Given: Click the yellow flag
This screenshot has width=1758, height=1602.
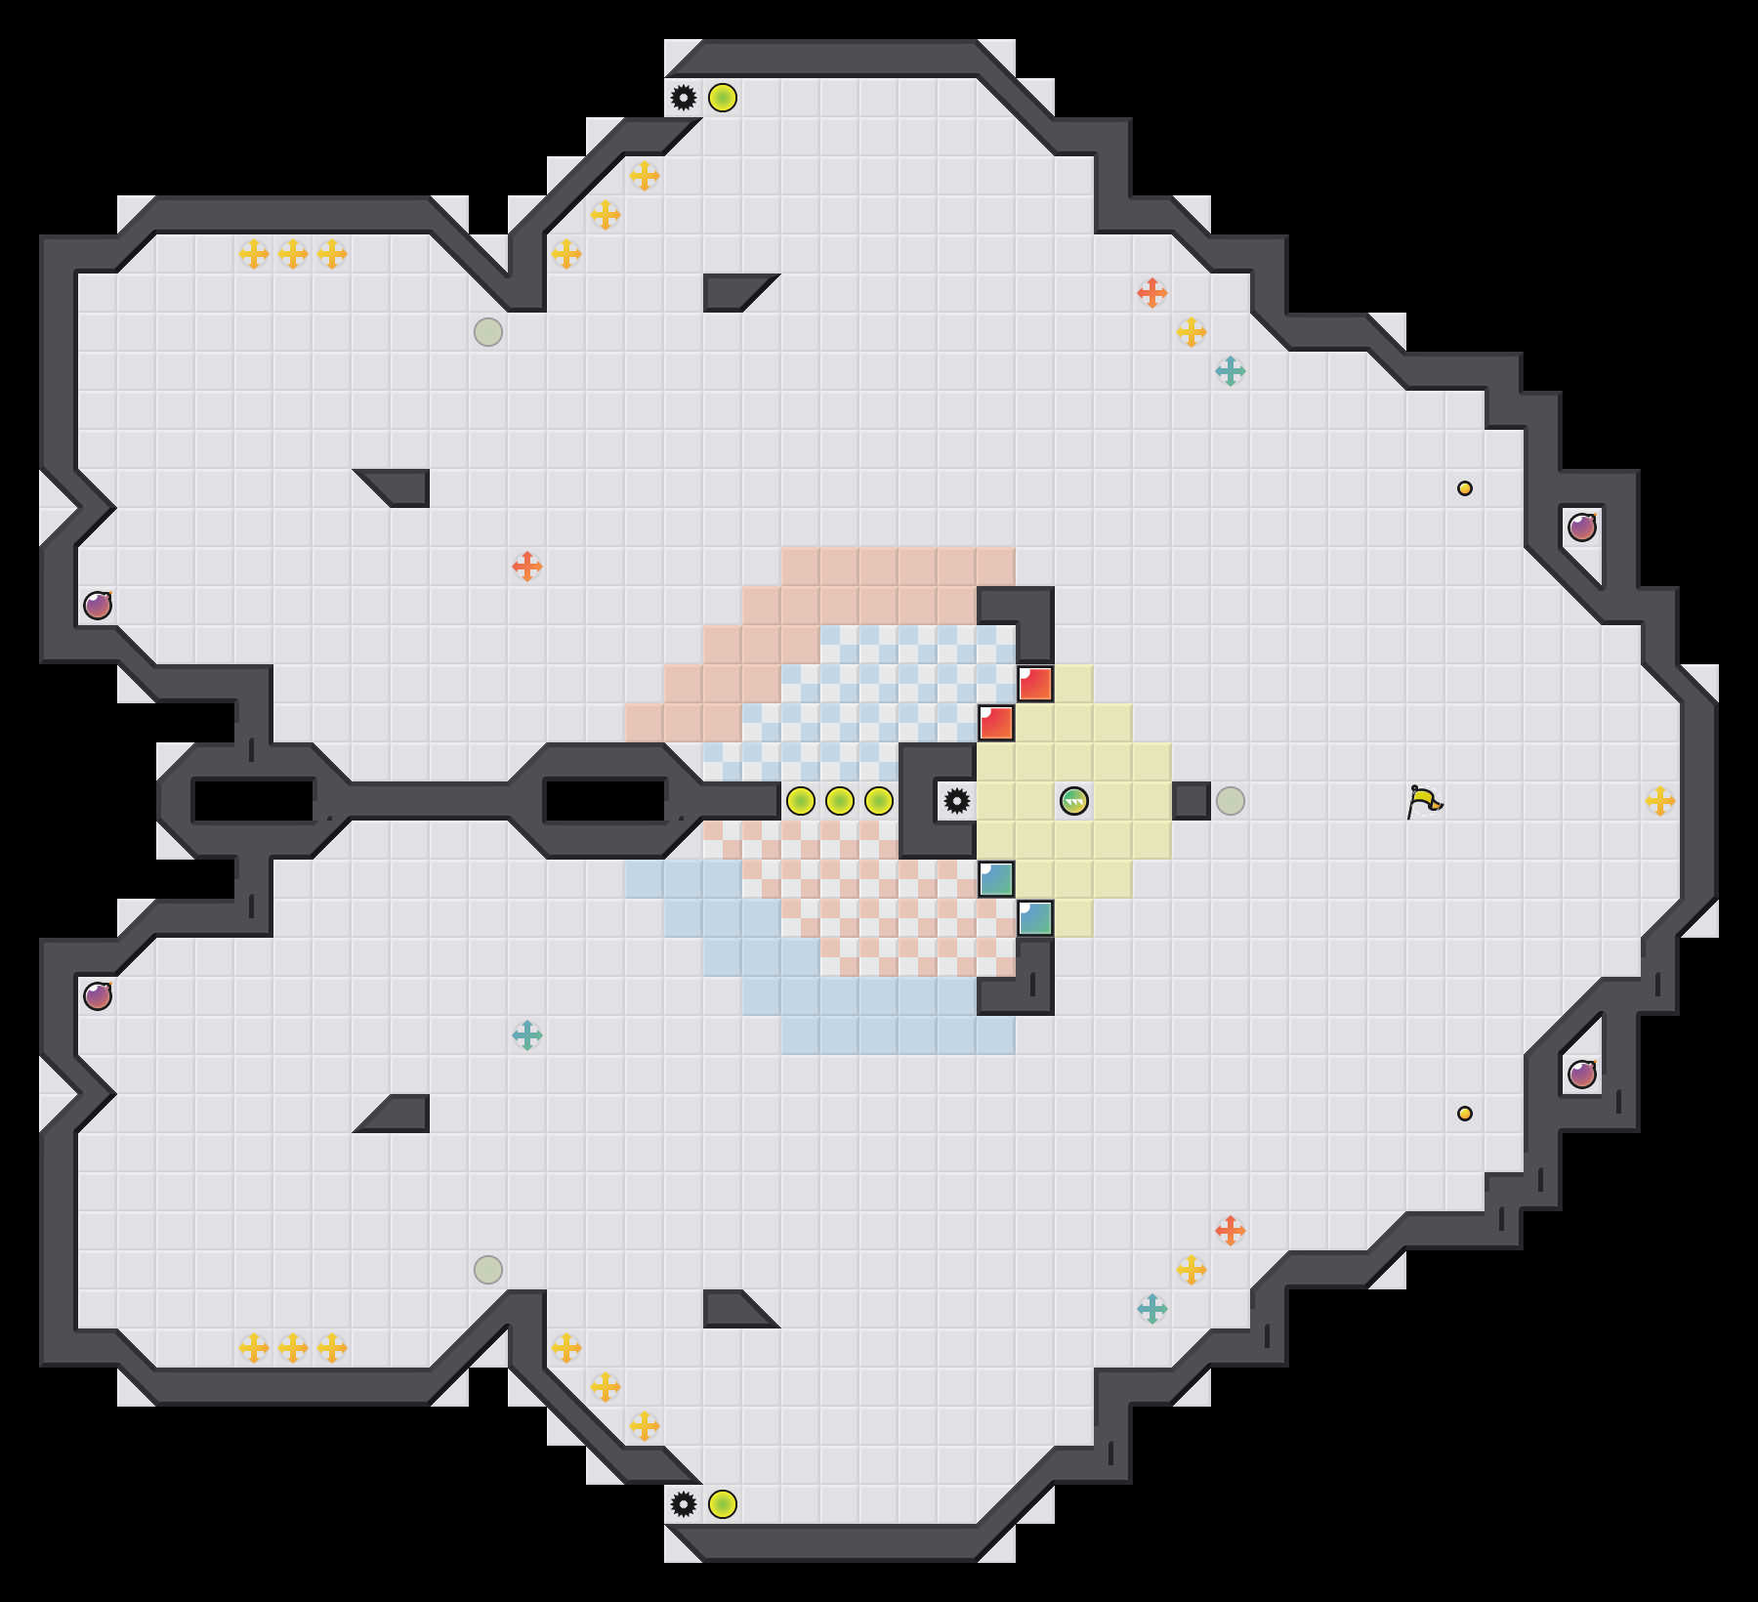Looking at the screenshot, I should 1425,802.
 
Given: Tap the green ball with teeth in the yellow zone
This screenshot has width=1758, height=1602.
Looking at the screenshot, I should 1074,801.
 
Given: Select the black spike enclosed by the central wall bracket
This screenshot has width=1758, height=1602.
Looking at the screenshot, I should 957,801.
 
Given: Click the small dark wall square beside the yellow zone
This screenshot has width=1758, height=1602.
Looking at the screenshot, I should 1192,801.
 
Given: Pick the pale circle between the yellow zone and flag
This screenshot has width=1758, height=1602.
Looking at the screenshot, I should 1231,801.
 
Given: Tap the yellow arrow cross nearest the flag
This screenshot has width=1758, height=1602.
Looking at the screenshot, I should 1660,801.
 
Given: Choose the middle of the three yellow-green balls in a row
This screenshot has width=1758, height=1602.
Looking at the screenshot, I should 840,801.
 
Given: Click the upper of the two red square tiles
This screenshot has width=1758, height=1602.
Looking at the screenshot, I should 1035,684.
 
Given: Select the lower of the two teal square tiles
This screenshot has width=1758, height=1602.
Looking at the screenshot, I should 1035,918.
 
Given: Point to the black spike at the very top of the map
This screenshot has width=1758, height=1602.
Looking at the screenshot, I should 684,98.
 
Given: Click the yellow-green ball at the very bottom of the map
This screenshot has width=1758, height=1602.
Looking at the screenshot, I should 723,1504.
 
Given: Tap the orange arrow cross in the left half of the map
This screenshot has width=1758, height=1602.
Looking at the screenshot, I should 527,567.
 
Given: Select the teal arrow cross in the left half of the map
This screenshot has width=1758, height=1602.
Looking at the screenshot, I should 527,1035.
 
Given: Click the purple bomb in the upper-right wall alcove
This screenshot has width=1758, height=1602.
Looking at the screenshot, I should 1582,527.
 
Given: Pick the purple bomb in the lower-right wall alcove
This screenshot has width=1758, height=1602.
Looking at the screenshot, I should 1582,1075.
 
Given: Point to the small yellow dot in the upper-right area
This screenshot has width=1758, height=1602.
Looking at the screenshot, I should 1465,488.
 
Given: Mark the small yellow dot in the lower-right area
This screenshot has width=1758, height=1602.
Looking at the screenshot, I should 1465,1114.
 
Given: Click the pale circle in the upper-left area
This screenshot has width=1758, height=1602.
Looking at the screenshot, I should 488,332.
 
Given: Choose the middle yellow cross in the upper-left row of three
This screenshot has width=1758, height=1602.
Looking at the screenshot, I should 293,254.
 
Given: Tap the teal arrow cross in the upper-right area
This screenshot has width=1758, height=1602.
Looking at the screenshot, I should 1231,371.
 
